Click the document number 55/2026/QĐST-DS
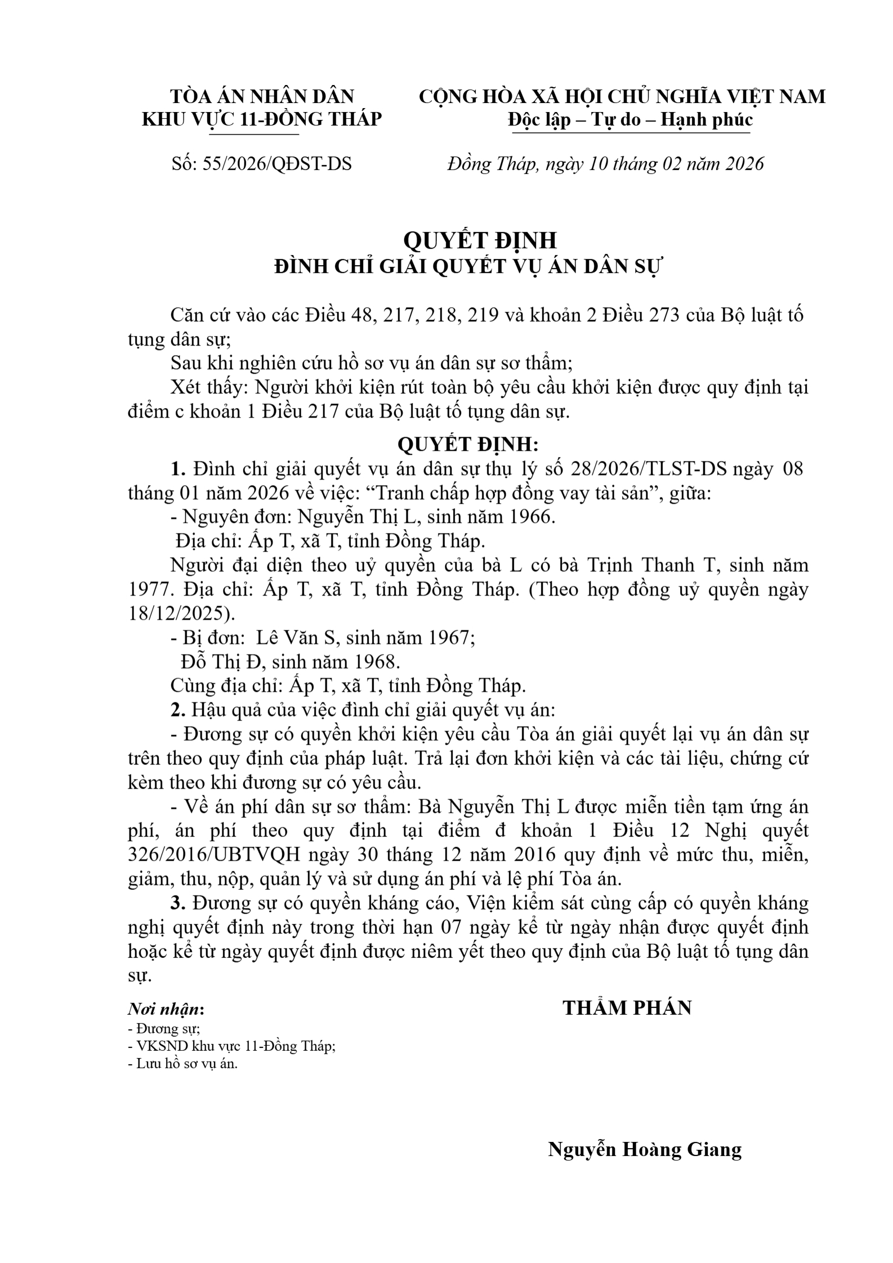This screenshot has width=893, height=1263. click(276, 164)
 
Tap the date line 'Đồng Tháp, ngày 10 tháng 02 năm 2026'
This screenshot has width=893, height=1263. click(605, 164)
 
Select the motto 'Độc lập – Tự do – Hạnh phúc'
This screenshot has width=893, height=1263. click(629, 120)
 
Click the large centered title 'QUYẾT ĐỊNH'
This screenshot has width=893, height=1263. click(480, 240)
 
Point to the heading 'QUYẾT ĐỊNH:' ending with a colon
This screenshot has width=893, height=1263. click(468, 445)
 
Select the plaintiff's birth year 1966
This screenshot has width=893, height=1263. click(530, 517)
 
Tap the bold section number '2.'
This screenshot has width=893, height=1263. click(178, 710)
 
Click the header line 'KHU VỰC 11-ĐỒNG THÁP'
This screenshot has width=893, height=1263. click(261, 119)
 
